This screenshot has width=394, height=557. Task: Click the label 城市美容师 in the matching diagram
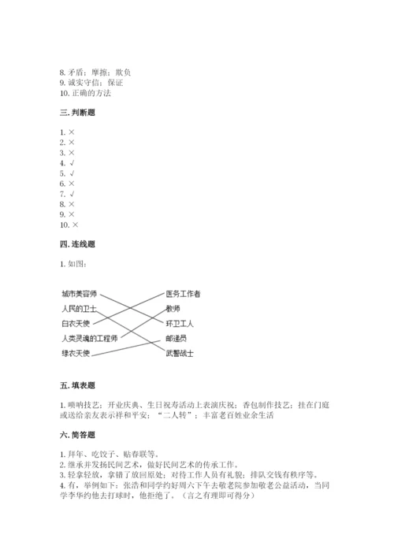coord(80,294)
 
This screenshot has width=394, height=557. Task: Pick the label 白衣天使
coord(76,324)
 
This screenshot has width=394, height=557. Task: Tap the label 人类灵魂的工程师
coord(89,339)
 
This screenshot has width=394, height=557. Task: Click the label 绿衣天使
coord(76,353)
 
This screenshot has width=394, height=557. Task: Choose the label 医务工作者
coord(183,294)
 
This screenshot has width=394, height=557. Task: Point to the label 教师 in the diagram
coord(173,309)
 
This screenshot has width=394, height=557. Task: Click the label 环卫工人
coord(179,324)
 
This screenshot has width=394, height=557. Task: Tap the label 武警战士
coord(179,354)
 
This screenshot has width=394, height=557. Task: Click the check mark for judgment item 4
coord(72,163)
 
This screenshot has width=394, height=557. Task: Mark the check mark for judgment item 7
coord(72,194)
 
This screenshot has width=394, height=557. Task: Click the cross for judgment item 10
coord(75,225)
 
